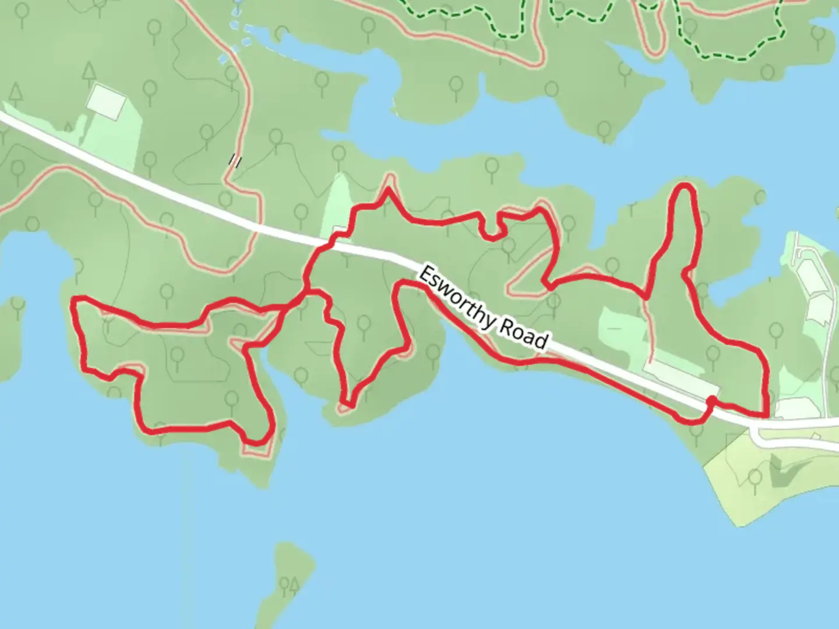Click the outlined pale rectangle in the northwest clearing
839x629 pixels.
[x=106, y=103]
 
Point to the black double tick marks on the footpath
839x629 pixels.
[x=235, y=160]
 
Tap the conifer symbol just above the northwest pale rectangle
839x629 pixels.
[x=89, y=73]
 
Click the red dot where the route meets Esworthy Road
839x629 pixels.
[x=711, y=400]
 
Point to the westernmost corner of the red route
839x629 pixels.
[x=73, y=301]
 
